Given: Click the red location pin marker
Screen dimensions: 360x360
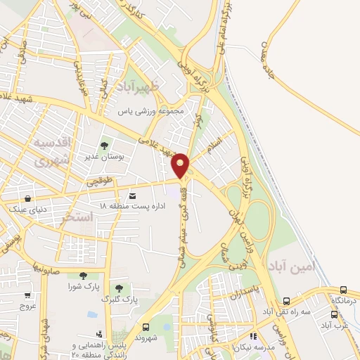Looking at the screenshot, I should click(181, 165).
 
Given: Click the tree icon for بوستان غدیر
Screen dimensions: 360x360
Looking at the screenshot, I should click(104, 146).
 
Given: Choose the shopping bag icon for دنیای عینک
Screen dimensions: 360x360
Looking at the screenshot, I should click(27, 198).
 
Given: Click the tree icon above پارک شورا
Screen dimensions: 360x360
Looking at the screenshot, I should click(83, 276).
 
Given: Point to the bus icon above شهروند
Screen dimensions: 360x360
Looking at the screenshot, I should click(146, 327).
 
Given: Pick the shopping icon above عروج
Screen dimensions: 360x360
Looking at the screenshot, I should click(28, 296).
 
